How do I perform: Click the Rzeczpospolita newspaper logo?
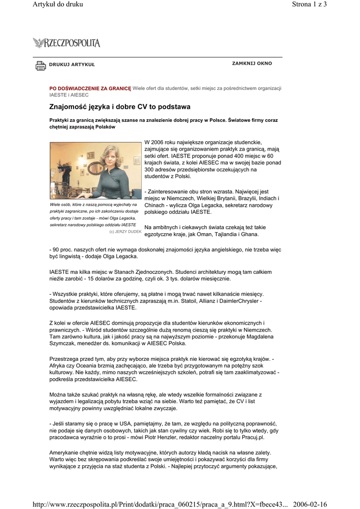67,43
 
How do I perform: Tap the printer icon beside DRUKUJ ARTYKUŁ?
40,65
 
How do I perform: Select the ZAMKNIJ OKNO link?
252,64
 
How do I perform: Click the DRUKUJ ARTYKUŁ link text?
72,65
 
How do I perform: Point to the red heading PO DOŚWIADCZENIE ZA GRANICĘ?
90,88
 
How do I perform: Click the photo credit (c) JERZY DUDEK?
125,232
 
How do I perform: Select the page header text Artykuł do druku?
58,4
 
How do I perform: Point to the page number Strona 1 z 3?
309,4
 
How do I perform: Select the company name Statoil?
202,301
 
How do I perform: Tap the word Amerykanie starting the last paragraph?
66,453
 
